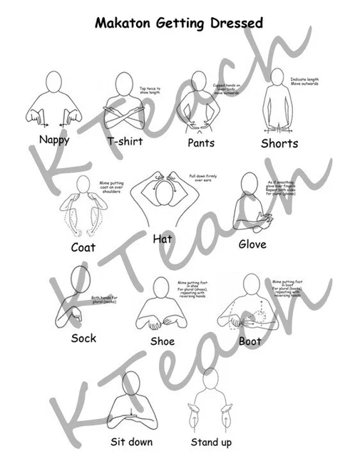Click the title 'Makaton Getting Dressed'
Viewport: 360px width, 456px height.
(x=179, y=24)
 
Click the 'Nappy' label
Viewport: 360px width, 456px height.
(x=54, y=140)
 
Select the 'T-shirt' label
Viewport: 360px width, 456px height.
(x=125, y=141)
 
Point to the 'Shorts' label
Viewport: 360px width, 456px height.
(x=279, y=143)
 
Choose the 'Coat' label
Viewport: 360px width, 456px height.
(x=83, y=247)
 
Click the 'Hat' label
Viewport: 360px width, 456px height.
(x=163, y=239)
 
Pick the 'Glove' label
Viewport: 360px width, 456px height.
(x=252, y=244)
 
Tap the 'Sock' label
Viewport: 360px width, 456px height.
(x=83, y=338)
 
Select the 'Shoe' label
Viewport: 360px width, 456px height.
(x=163, y=341)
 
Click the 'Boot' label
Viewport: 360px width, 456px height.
(x=250, y=341)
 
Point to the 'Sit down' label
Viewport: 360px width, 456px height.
(x=131, y=442)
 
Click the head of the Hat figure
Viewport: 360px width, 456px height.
(x=163, y=191)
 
